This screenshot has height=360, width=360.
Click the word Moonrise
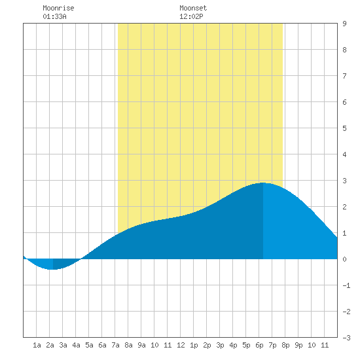tap(58, 8)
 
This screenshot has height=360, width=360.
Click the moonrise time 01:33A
tap(54, 16)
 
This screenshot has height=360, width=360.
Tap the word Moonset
tap(193, 8)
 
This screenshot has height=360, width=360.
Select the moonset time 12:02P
tap(191, 16)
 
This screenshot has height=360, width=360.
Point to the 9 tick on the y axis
tap(344, 24)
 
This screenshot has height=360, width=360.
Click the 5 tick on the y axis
tap(344, 128)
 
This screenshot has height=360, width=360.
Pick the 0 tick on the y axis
tap(344, 259)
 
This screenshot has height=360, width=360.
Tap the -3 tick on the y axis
tap(346, 338)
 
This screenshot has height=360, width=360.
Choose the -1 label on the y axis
tap(346, 285)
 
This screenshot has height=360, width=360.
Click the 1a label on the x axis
tap(37, 345)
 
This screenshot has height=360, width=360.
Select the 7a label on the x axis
tap(115, 345)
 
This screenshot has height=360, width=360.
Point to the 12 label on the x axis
tap(181, 345)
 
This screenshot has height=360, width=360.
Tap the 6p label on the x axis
tap(259, 345)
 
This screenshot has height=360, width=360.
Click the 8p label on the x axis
tap(285, 345)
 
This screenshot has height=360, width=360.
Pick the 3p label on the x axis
tap(220, 345)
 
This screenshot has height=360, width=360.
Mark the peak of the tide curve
tap(262, 183)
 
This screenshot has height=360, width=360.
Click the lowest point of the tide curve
tap(53, 269)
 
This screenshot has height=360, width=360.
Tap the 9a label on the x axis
tap(141, 345)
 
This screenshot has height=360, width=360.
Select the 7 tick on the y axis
tap(344, 76)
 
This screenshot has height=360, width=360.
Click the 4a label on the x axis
tap(76, 345)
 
